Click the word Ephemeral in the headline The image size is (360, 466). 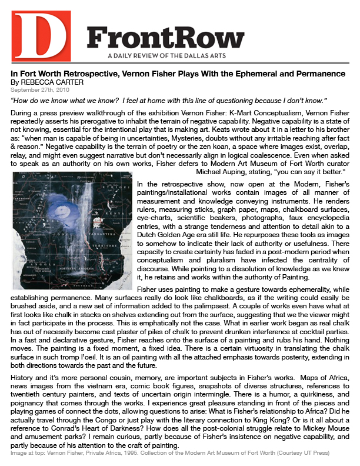pos(253,74)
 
